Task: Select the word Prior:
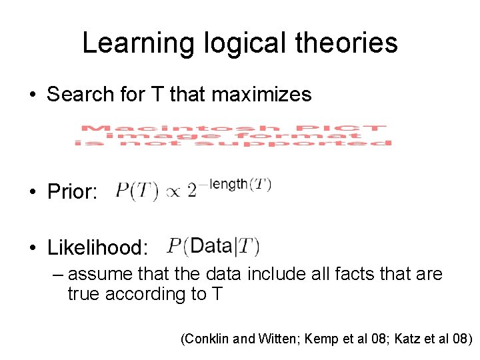click(x=73, y=193)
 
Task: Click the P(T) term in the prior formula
click(x=137, y=192)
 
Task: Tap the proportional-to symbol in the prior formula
click(x=173, y=193)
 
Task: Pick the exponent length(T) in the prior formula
click(x=240, y=185)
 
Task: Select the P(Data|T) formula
click(x=213, y=246)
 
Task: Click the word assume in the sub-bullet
click(x=99, y=275)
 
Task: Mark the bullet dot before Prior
click(x=32, y=193)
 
